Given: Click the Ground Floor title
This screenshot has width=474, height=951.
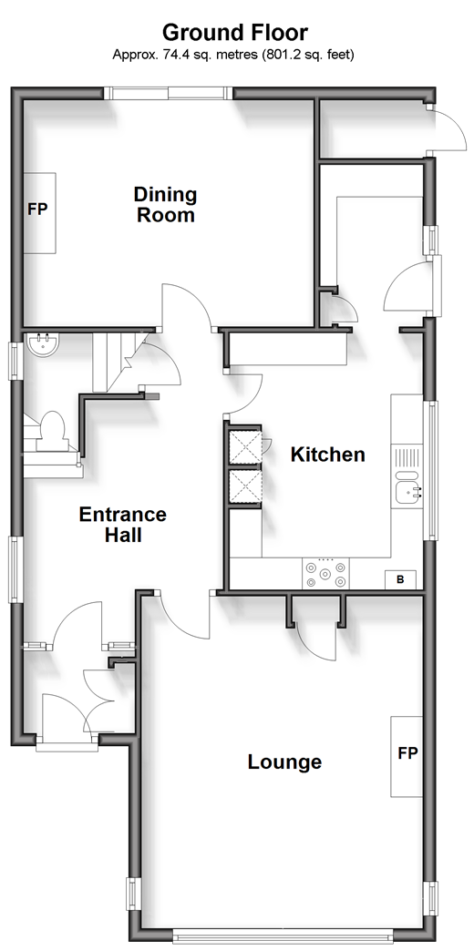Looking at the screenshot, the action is point(235,32).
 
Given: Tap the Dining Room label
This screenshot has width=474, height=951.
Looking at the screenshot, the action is point(165,204).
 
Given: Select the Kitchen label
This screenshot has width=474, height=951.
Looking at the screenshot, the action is point(328,455).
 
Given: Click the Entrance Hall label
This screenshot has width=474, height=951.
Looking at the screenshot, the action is point(122,524).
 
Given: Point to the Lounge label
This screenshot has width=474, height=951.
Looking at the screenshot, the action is point(284,762).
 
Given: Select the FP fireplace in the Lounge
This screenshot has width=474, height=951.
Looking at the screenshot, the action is point(407,756).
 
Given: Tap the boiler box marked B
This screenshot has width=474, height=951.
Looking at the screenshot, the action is point(400,579).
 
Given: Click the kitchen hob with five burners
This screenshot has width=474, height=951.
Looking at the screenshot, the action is point(326,573).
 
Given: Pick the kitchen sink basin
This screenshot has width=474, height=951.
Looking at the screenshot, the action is point(406,493).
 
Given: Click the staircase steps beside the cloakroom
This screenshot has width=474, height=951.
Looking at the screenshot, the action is point(113,362).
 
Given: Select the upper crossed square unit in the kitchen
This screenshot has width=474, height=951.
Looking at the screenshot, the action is point(245,448).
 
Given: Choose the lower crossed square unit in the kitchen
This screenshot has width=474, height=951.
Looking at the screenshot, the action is point(245,487).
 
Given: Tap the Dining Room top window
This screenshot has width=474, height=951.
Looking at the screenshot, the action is point(168,93).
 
